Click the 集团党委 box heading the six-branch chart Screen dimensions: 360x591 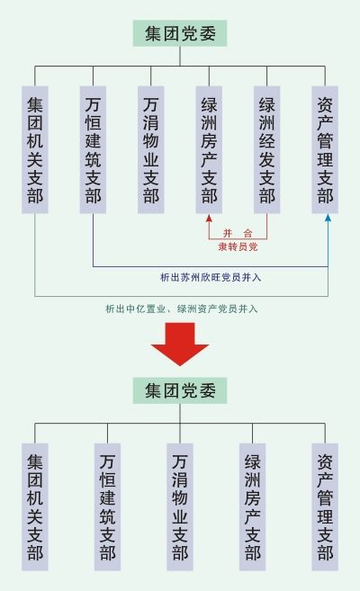(x=180, y=33)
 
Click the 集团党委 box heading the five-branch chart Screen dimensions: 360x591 (x=180, y=390)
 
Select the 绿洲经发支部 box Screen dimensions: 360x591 (x=267, y=149)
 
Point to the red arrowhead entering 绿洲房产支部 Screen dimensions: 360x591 (x=209, y=218)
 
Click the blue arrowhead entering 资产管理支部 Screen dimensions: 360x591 (x=328, y=218)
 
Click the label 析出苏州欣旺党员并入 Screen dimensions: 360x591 (x=211, y=278)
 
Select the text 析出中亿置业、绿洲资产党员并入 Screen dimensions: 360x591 (x=182, y=309)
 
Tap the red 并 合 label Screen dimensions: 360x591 (x=238, y=233)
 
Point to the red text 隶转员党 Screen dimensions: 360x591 (x=238, y=246)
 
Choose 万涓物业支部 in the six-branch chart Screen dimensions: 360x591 (x=151, y=149)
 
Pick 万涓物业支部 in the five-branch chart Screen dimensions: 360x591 (x=180, y=507)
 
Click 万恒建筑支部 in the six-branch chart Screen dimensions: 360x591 (x=93, y=149)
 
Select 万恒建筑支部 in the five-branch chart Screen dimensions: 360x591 (x=107, y=507)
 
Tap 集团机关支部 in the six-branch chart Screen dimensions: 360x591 (x=35, y=149)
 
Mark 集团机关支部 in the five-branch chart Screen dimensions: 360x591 (x=35, y=507)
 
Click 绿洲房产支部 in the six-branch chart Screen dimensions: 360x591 (x=209, y=149)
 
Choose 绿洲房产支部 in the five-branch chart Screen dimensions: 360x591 (x=253, y=507)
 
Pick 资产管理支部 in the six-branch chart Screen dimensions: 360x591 (x=325, y=149)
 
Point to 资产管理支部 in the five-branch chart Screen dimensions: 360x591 (x=325, y=507)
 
